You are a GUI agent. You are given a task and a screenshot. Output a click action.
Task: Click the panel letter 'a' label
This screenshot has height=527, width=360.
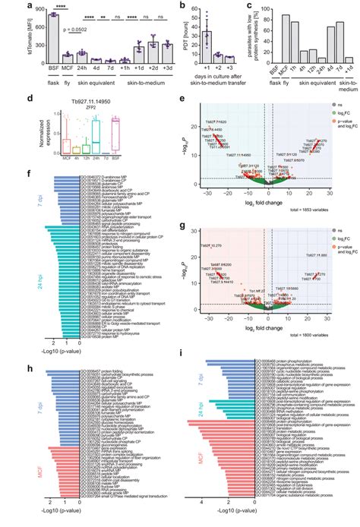click(x=7, y=5)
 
